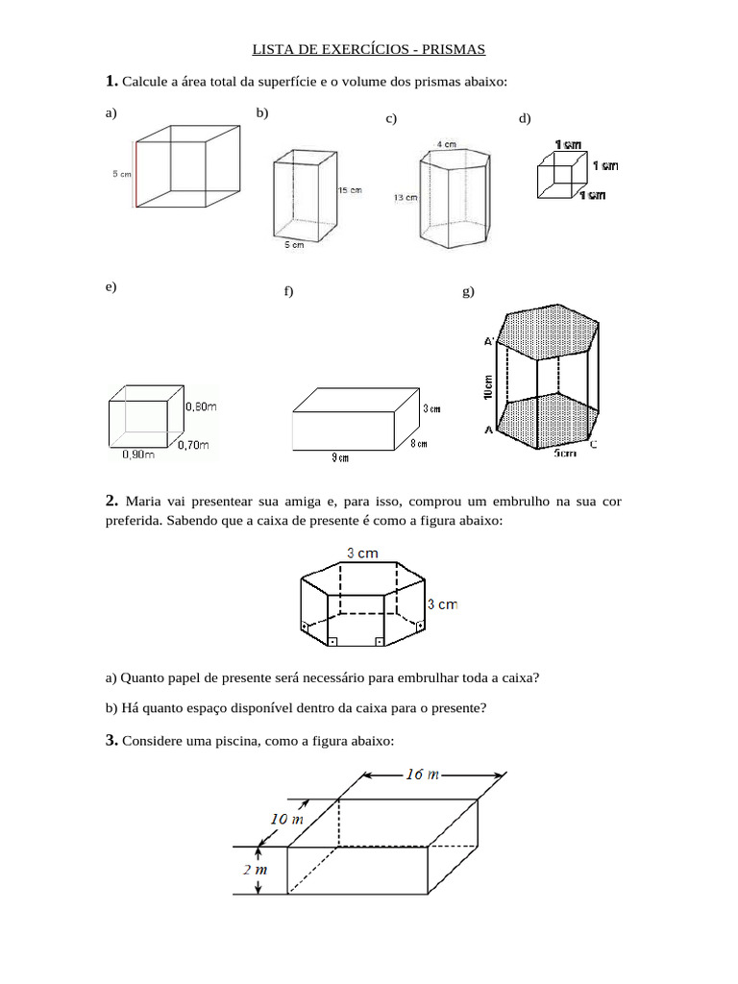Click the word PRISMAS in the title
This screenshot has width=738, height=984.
[454, 48]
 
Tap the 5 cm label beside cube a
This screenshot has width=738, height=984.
[121, 174]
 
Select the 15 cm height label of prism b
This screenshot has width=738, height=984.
[349, 190]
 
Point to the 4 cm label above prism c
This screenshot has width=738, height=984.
[447, 144]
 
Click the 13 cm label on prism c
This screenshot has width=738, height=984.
[405, 197]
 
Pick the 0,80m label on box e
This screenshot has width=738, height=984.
[200, 406]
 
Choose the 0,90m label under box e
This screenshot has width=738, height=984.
[137, 455]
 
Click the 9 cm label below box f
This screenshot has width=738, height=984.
[340, 459]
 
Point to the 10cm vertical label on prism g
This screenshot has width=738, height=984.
[488, 387]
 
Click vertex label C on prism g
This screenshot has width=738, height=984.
[593, 443]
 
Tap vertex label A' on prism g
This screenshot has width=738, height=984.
[488, 341]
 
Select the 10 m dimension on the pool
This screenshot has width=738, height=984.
[285, 820]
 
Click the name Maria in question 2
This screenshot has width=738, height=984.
[140, 502]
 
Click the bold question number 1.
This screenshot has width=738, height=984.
[111, 81]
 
